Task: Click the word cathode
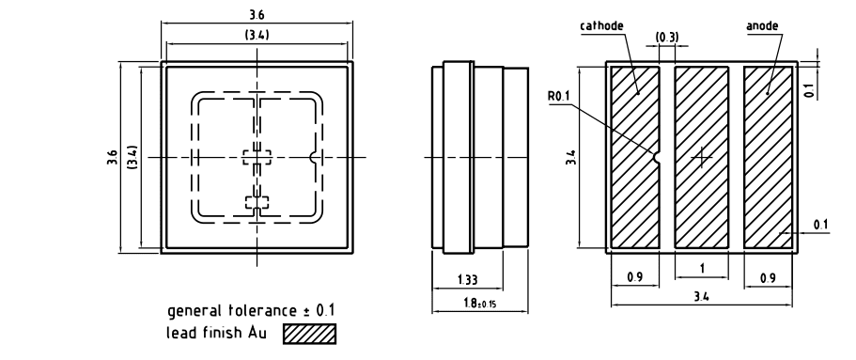click(601, 25)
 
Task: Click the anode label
click(763, 25)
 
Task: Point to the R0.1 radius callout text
click(559, 97)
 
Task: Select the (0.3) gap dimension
click(667, 38)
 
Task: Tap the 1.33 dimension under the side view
click(467, 280)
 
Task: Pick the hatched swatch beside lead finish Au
click(309, 334)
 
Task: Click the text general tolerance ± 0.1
click(251, 311)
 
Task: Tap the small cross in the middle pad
click(702, 157)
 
